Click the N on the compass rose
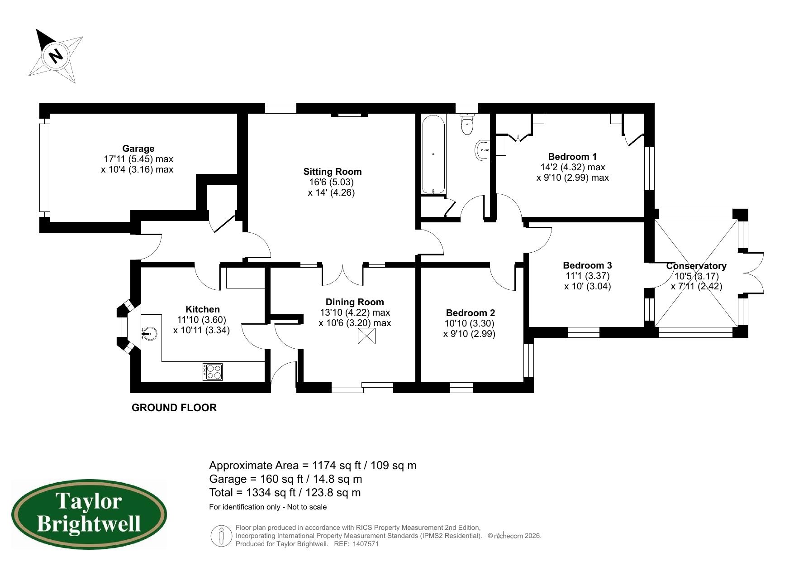(56, 56)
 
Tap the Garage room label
(138, 149)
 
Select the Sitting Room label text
(332, 172)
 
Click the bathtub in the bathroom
(433, 154)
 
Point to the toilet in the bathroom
(467, 124)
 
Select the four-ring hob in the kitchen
(213, 372)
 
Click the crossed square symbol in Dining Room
(366, 336)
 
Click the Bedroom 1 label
(572, 157)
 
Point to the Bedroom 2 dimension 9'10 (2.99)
(469, 334)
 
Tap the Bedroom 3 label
(587, 265)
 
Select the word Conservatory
(696, 266)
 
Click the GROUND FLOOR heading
(174, 408)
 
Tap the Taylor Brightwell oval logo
(89, 515)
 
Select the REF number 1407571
(365, 544)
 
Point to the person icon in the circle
(221, 536)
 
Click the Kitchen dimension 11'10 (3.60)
(201, 320)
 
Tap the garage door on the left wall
(44, 168)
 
